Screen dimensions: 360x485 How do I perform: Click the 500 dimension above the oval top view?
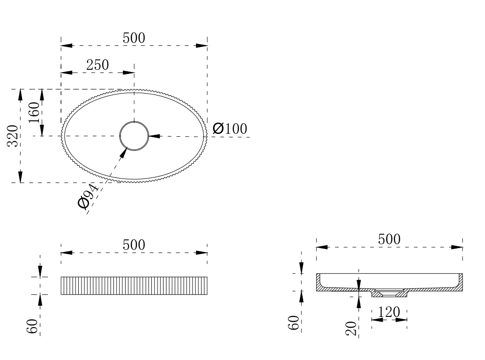pos(134,38)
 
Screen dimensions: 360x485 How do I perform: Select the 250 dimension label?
pos(97,65)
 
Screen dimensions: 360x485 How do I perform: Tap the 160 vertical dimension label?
pos(34,112)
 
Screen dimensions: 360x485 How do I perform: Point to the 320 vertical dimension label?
pos(13,136)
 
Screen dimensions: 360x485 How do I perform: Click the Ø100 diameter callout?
pos(229,128)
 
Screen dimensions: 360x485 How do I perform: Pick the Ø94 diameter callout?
pos(88,197)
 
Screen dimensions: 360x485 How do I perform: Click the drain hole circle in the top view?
pos(134,136)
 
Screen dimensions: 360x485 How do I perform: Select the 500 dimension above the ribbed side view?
pos(134,245)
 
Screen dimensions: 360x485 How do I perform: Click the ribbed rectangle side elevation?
pos(134,286)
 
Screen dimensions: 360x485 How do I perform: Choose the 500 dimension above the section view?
pos(389,239)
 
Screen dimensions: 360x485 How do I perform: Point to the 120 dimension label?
pos(388,312)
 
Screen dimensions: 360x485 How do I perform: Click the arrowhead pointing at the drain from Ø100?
pos(155,136)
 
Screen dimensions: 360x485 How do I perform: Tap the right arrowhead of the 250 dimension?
pos(129,73)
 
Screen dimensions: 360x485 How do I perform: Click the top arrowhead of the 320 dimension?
pos(20,94)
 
